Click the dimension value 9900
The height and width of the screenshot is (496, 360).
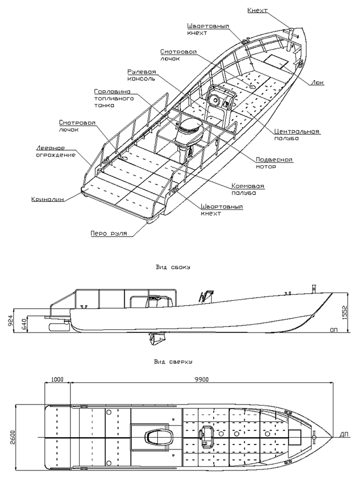click(202, 380)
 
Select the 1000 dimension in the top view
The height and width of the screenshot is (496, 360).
click(57, 380)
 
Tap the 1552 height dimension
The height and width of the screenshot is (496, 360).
click(344, 313)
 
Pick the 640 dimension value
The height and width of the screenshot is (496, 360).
click(24, 324)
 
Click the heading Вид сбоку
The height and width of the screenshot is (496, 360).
click(173, 267)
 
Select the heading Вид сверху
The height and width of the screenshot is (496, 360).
click(173, 361)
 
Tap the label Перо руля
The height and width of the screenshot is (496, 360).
click(109, 233)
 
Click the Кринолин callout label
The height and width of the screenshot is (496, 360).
click(48, 200)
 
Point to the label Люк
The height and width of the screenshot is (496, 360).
click(318, 83)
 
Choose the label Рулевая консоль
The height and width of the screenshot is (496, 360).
click(141, 75)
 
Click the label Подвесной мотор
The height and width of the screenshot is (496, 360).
click(274, 163)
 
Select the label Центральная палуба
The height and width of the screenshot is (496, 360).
click(296, 135)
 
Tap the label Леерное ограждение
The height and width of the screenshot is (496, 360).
click(55, 151)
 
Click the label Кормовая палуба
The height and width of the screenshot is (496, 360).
click(248, 190)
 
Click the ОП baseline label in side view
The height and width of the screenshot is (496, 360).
click(333, 330)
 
